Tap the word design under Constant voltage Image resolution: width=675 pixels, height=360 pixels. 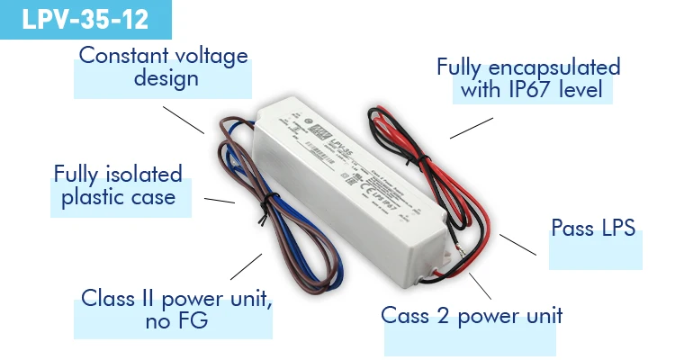pyautogui.click(x=166, y=78)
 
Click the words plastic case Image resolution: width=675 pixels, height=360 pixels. pyautogui.click(x=118, y=197)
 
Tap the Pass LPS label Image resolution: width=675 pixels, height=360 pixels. pyautogui.click(x=593, y=228)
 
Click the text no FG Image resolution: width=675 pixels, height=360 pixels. pyautogui.click(x=176, y=320)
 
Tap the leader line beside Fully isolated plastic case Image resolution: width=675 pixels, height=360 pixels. pyautogui.click(x=220, y=201)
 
